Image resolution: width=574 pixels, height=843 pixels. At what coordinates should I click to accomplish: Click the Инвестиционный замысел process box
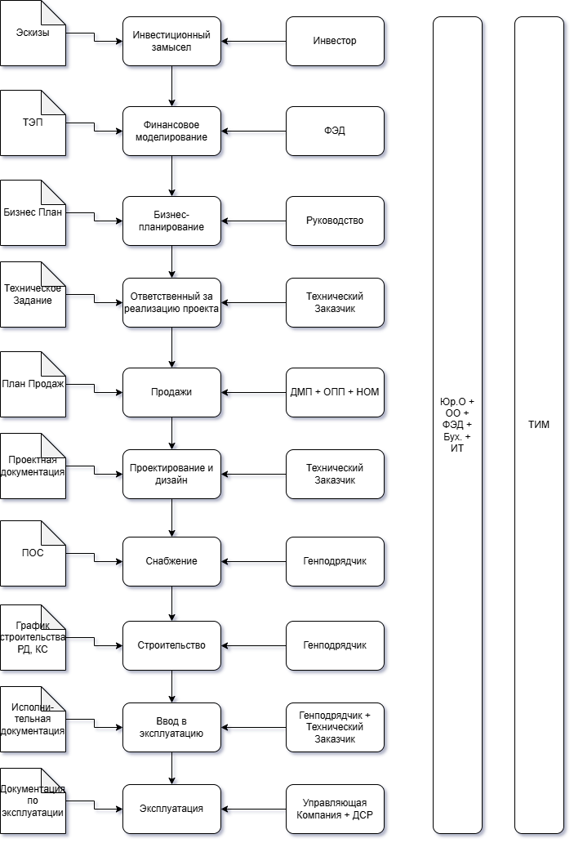coord(171,42)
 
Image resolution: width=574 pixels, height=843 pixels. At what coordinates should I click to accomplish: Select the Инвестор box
coord(335,42)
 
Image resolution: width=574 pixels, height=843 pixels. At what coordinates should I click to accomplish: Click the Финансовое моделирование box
coord(171,131)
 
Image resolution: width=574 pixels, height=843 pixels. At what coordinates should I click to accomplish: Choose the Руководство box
coord(335,221)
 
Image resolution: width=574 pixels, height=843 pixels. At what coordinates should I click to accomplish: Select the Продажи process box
coord(171,392)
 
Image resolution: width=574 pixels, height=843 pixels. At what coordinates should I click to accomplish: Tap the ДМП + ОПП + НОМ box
coord(335,392)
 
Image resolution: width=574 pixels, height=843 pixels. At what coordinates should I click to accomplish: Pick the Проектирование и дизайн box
coord(171,474)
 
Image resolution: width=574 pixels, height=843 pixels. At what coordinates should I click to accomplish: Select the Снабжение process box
coord(171,561)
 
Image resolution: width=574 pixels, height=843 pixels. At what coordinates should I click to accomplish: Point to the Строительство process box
coord(171,645)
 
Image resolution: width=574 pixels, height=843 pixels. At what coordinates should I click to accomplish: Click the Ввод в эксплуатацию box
coord(171,727)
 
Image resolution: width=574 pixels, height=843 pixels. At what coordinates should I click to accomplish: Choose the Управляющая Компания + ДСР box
coord(335,809)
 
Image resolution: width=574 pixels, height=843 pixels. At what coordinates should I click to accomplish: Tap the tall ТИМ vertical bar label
coord(539,425)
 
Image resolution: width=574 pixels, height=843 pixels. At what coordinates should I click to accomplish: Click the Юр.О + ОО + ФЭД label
coord(457,425)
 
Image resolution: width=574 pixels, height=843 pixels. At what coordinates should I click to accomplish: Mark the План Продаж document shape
coord(33,384)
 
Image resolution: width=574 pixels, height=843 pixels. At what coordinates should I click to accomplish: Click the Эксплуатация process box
coord(171,809)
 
